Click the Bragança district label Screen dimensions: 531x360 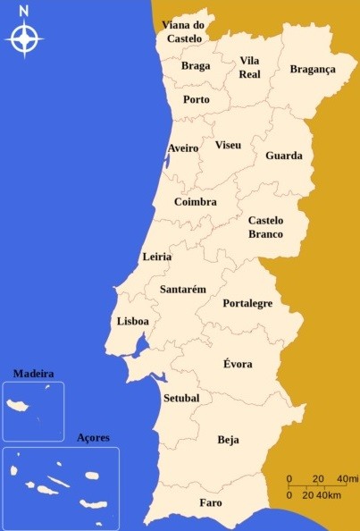(312, 69)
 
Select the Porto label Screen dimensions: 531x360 (197, 99)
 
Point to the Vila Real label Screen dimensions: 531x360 (249, 67)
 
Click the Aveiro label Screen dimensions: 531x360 (183, 147)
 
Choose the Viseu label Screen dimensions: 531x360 (229, 145)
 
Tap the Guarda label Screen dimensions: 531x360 (284, 156)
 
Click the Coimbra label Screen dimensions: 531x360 (196, 202)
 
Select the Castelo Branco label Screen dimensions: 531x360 (265, 227)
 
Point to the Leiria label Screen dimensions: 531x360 (157, 257)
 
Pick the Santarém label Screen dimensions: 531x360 (183, 290)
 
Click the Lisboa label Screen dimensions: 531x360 (133, 321)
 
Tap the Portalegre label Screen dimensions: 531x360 (247, 304)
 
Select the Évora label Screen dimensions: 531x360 (238, 364)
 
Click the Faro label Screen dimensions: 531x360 (211, 502)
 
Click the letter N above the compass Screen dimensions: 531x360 (24, 11)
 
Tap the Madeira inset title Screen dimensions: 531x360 (34, 374)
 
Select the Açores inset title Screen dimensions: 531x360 (93, 437)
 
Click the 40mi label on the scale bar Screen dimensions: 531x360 (347, 478)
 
